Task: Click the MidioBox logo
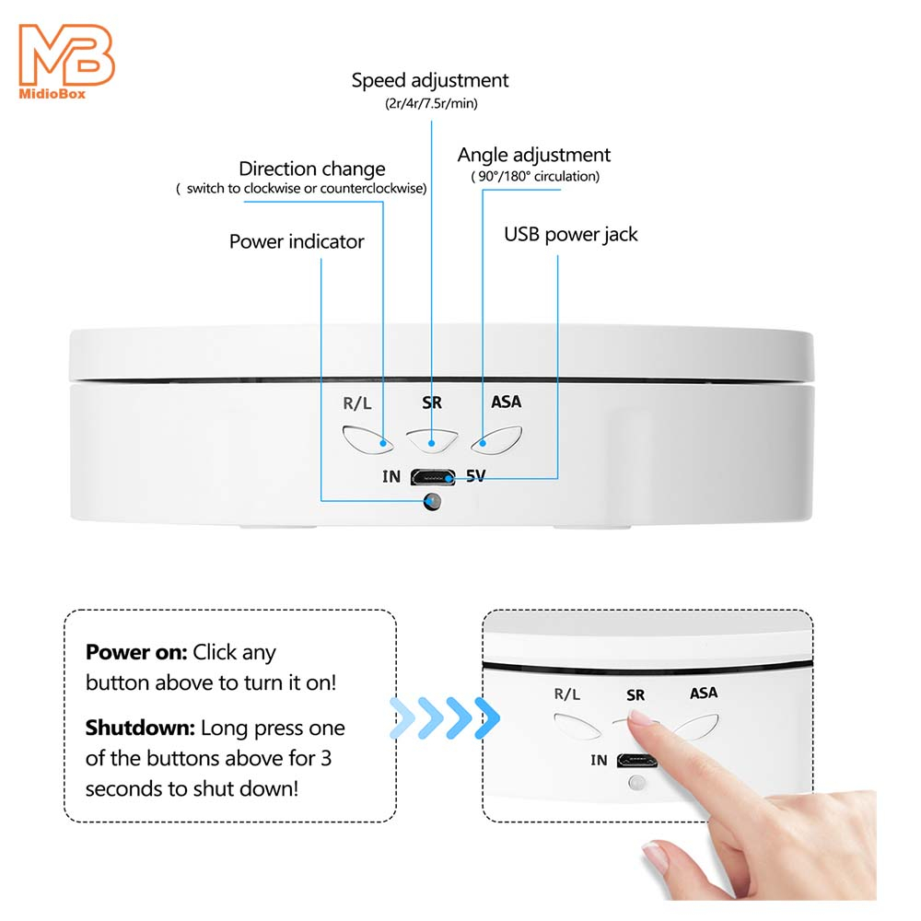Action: [66, 61]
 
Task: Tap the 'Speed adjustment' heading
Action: [430, 80]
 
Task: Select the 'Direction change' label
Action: [312, 169]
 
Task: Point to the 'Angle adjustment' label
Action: [534, 155]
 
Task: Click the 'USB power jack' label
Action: [570, 234]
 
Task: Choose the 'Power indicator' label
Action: [297, 241]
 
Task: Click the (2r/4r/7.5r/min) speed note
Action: [431, 103]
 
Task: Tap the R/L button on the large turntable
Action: [367, 439]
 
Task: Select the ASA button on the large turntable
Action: [496, 440]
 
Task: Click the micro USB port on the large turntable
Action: [433, 476]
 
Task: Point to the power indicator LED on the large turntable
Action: [432, 502]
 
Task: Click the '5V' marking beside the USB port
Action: [476, 475]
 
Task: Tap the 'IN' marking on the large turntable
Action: [391, 476]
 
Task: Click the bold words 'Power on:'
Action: [136, 652]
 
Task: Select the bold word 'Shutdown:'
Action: [140, 728]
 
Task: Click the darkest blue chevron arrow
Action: [487, 717]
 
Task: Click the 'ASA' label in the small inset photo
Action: [704, 694]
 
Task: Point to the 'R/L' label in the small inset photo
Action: [566, 694]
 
